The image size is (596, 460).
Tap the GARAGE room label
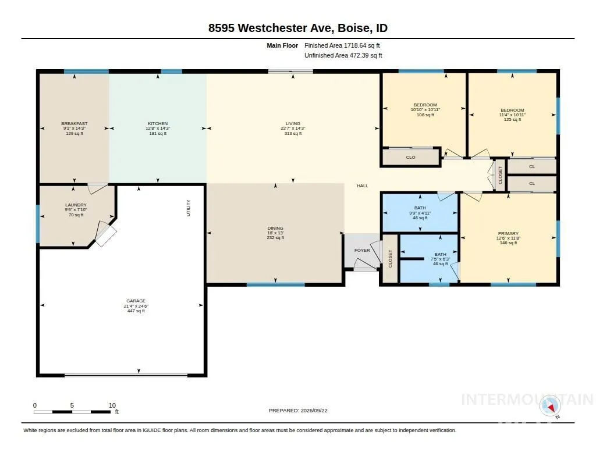click(136, 301)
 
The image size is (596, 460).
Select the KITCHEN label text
click(158, 123)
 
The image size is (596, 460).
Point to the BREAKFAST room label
click(74, 123)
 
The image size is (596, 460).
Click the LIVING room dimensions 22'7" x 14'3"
click(293, 129)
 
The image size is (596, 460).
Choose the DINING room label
click(275, 229)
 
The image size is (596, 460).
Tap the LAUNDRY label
click(76, 205)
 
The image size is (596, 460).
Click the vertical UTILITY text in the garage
click(188, 208)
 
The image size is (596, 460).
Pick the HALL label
click(362, 186)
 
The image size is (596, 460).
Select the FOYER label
click(362, 250)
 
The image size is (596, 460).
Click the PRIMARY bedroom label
click(508, 234)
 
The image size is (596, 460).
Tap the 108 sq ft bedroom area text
click(425, 115)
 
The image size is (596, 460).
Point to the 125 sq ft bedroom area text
click(512, 120)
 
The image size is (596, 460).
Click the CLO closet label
click(410, 157)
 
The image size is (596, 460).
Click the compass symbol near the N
click(550, 406)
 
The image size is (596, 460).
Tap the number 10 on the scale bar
click(112, 405)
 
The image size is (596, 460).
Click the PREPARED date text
click(298, 411)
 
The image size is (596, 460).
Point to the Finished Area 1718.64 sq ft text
click(342, 45)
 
